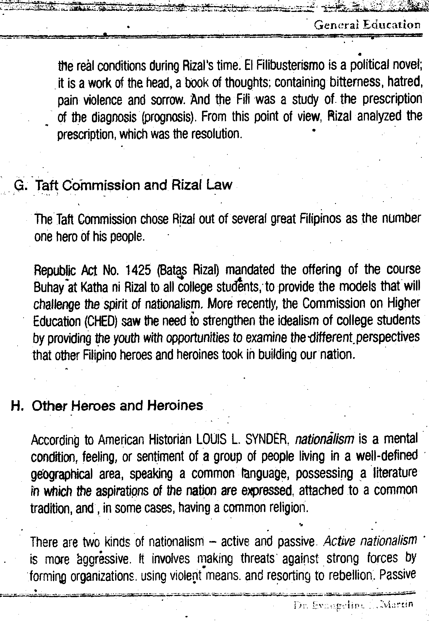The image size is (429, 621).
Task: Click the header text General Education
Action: click(x=367, y=25)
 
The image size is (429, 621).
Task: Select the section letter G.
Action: click(x=19, y=185)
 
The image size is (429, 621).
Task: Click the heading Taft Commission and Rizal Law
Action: click(x=133, y=185)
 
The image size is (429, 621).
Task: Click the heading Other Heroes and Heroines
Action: click(x=117, y=406)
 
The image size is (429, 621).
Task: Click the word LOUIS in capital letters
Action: click(x=209, y=440)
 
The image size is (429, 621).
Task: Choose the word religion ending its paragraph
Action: click(x=287, y=508)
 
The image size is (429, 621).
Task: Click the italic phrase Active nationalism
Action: click(x=370, y=541)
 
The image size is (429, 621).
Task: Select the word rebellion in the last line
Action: click(x=348, y=575)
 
